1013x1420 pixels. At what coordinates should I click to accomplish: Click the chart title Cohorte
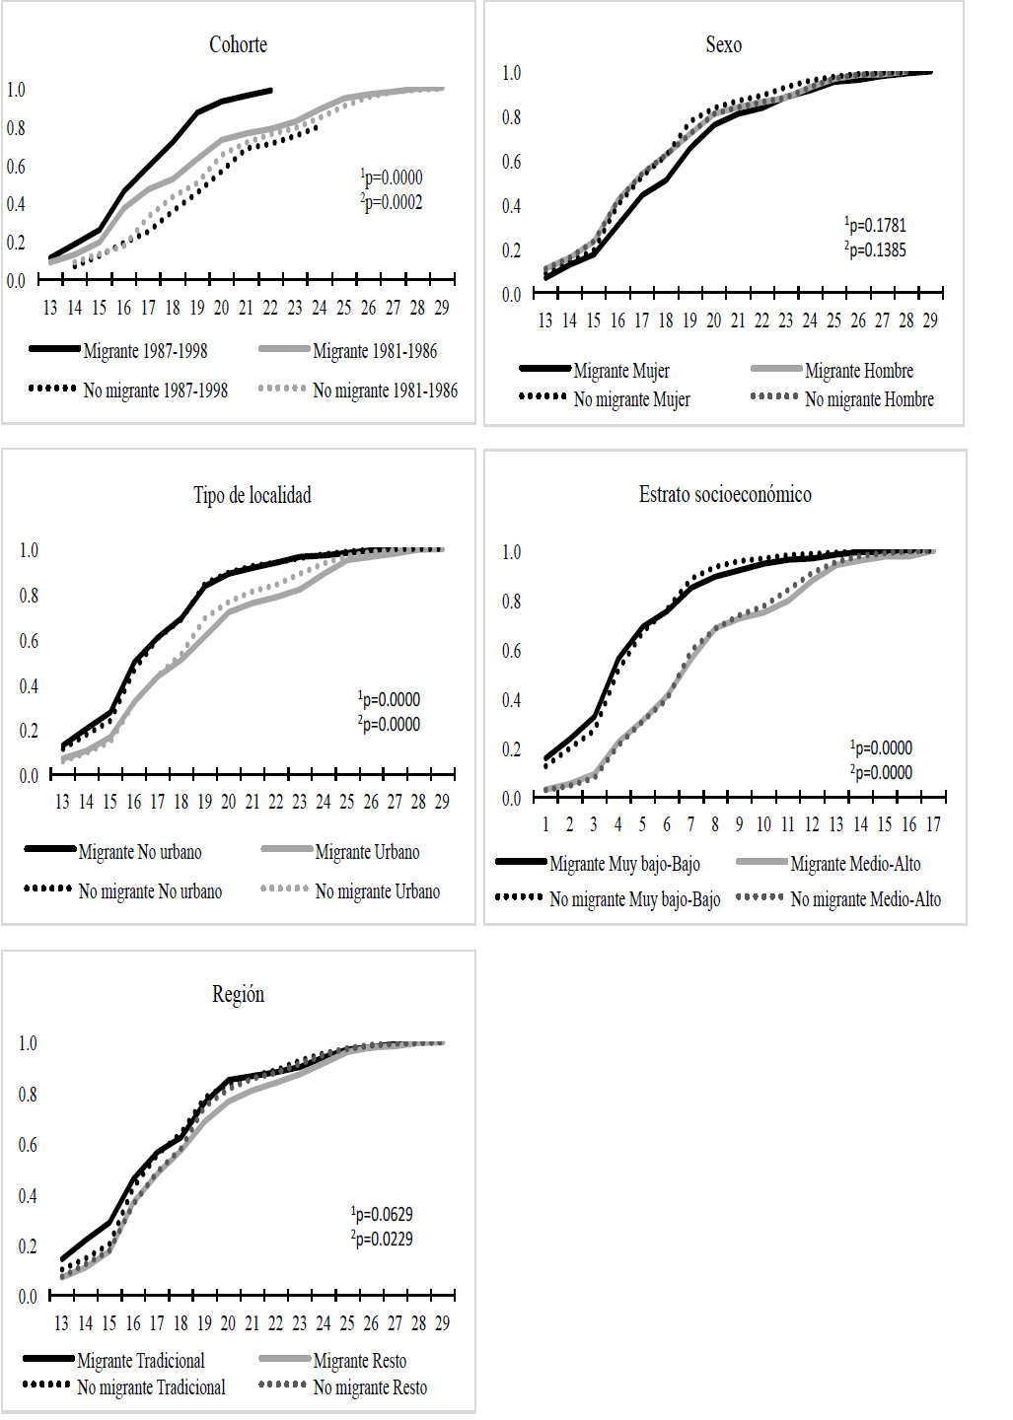[x=238, y=44]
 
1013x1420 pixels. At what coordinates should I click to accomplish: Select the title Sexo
[x=723, y=44]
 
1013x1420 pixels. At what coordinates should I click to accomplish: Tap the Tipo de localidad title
[x=252, y=495]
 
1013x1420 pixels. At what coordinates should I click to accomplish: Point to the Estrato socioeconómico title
[x=725, y=494]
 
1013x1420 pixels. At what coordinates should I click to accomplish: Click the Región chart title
[x=238, y=994]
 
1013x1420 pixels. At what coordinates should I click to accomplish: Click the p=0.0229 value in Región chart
[x=383, y=1239]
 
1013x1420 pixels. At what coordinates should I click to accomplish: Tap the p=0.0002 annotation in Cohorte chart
[x=393, y=202]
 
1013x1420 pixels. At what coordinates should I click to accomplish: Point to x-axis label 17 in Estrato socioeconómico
[x=933, y=824]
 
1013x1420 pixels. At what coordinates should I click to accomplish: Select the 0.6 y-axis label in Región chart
[x=28, y=1145]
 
